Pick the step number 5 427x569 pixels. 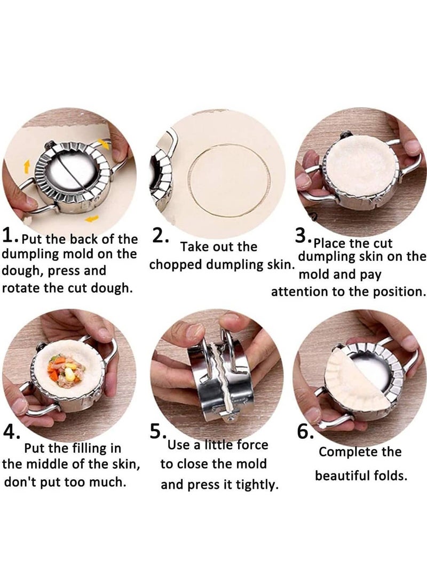point(159,431)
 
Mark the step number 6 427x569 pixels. point(305,431)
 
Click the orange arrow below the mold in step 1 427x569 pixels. point(92,218)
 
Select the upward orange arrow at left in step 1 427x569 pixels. point(27,167)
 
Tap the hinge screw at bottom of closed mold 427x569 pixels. point(229,419)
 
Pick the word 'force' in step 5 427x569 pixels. point(252,445)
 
